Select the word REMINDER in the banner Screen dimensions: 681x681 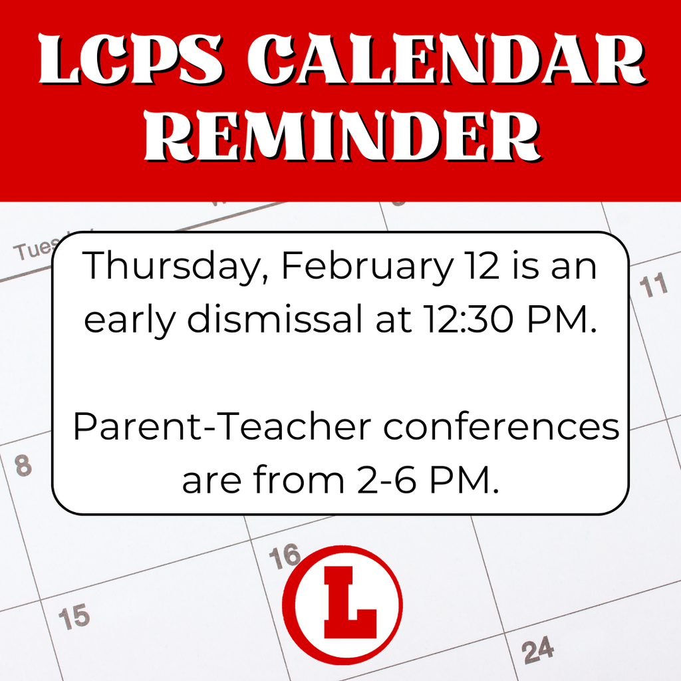click(x=340, y=138)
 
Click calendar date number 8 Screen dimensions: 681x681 click(x=23, y=465)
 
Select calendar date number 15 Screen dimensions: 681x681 click(x=73, y=618)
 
